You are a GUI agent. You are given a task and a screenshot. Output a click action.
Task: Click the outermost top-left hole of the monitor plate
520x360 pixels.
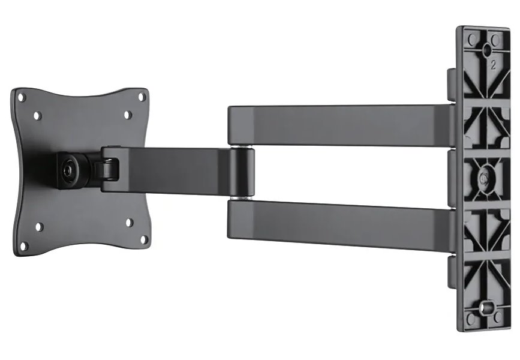22,95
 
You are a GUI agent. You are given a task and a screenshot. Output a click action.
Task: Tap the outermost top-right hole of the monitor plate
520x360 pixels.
142,96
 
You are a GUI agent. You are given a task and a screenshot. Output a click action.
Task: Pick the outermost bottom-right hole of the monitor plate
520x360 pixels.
143,239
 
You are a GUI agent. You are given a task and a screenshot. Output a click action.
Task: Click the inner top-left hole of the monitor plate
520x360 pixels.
37,114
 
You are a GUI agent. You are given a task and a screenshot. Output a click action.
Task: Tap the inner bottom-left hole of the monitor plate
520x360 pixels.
39,227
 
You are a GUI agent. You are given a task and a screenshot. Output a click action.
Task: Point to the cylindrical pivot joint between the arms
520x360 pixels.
242,172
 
